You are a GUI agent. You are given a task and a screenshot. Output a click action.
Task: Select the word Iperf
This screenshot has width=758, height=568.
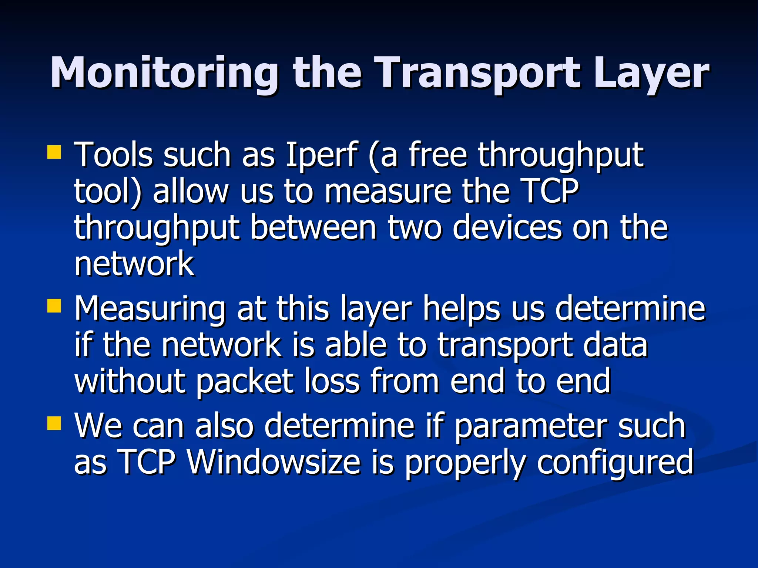[322, 155]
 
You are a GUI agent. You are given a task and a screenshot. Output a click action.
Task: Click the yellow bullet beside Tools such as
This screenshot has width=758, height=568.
[54, 152]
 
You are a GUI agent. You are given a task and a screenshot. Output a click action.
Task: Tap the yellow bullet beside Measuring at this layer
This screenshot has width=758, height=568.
[54, 306]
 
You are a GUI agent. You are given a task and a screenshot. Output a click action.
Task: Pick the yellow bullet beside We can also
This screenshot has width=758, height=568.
[54, 423]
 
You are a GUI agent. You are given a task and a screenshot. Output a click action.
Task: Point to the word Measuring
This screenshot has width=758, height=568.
[150, 309]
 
